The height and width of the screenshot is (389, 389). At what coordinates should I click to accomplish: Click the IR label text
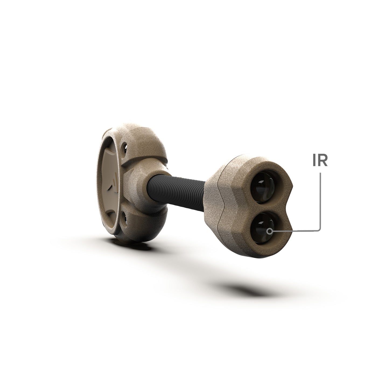(320, 161)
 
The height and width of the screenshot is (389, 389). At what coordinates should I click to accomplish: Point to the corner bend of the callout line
(319, 229)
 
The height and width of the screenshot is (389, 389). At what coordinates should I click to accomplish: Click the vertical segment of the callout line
(320, 199)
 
